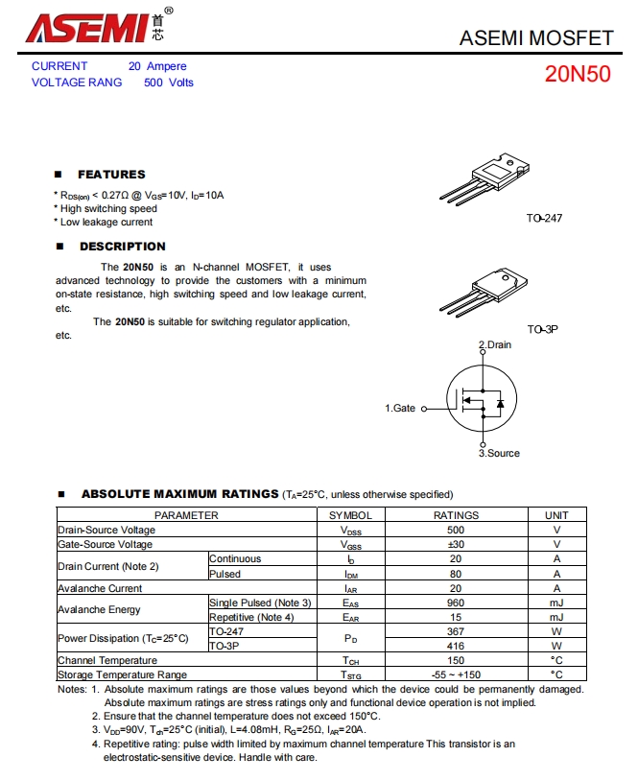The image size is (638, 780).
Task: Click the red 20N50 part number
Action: (x=578, y=75)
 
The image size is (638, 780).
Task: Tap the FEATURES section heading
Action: (x=111, y=175)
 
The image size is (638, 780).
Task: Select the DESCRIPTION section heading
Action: (x=122, y=247)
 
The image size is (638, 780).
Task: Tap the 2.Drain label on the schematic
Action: (x=495, y=344)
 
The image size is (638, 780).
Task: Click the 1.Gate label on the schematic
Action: (x=400, y=408)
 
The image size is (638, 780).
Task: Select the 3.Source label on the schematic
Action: (x=499, y=453)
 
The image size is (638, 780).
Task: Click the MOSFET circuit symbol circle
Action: (x=482, y=401)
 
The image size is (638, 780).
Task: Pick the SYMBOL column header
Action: (x=350, y=515)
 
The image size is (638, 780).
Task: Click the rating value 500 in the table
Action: (x=456, y=530)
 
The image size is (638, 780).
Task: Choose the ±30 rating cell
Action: (x=456, y=545)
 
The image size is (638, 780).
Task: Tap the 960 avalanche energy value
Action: (x=456, y=603)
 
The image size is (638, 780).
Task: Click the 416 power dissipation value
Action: (x=456, y=646)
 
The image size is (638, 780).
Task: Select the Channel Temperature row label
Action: (x=107, y=660)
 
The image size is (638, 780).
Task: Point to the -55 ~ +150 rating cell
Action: (x=456, y=674)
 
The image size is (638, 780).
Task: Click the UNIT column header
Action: (x=556, y=515)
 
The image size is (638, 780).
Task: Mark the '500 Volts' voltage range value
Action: (x=169, y=83)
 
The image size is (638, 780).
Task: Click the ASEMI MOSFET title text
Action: (x=536, y=38)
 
